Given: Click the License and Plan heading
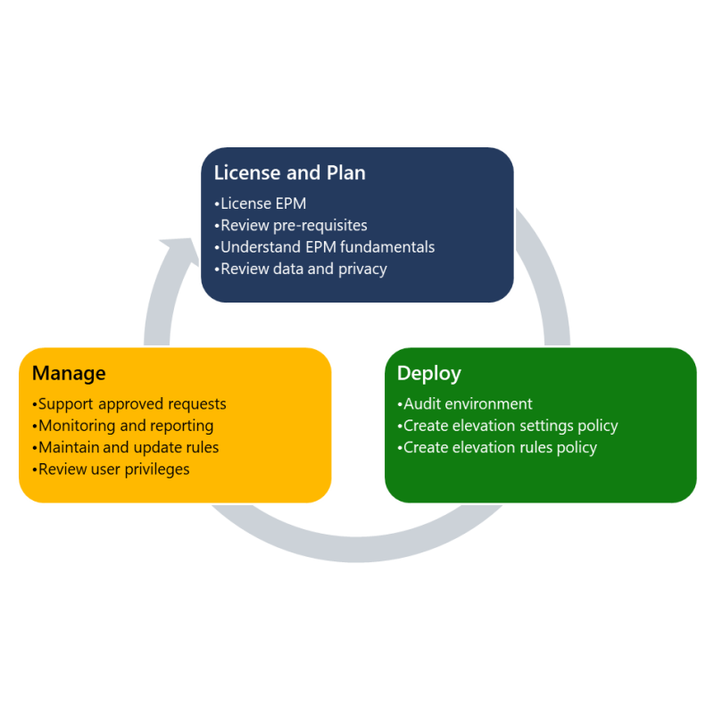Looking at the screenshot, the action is click(289, 173).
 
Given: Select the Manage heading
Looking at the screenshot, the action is click(69, 373).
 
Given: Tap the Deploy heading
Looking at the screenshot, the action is click(429, 373).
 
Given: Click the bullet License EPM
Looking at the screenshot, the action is click(260, 203).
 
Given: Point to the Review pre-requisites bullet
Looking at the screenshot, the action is click(291, 226).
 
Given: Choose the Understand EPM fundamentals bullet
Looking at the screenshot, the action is click(324, 247).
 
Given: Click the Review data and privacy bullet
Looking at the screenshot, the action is click(301, 270).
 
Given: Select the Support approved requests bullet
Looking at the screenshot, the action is click(129, 404).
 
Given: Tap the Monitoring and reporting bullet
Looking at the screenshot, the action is click(123, 426).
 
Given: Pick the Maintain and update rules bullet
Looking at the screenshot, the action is click(126, 447).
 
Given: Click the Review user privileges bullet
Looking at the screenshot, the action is click(111, 469).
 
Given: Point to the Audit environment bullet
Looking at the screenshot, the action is click(464, 404).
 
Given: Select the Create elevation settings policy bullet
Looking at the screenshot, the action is click(508, 426).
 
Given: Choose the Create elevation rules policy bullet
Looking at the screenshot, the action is click(497, 448).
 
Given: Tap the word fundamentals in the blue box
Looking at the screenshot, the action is click(387, 247).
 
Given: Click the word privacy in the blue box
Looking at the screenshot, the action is click(363, 270).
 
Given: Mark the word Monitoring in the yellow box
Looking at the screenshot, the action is click(77, 427).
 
